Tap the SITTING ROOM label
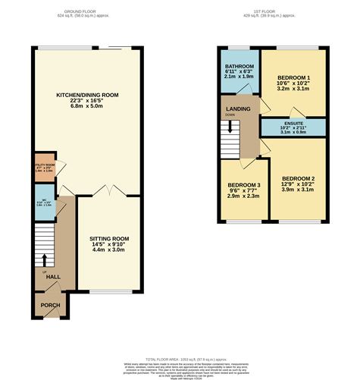click(109, 239)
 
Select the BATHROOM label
click(239, 67)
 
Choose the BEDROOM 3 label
click(244, 185)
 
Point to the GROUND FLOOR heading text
click(84, 11)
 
